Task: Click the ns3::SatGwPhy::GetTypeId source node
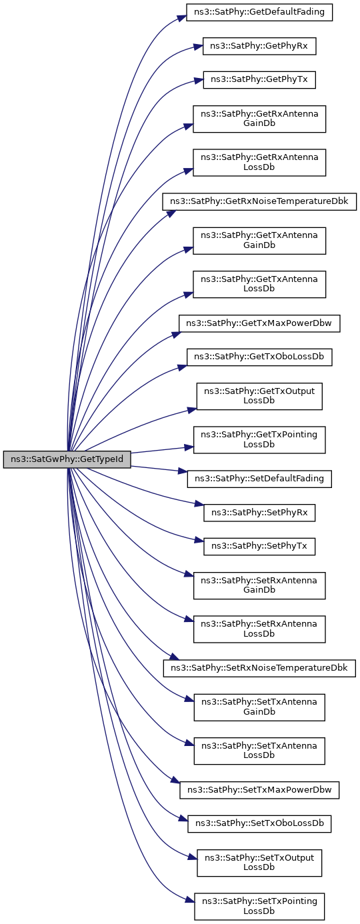click(67, 459)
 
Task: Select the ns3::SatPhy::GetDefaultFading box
click(259, 12)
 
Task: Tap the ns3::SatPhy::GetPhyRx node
click(259, 46)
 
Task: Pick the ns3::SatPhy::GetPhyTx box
click(259, 79)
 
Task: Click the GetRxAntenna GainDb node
click(259, 119)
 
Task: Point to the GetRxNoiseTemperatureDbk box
click(259, 201)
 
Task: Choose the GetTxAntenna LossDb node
click(259, 284)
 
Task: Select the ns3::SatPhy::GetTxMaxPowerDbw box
click(259, 323)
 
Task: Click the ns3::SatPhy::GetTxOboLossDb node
click(259, 357)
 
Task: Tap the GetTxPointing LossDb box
click(259, 439)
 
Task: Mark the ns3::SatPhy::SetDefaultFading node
click(259, 479)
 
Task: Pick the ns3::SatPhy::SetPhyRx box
click(259, 512)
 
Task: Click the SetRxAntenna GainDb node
click(259, 585)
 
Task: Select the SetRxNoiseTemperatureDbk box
click(259, 668)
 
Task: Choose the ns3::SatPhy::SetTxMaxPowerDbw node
click(259, 790)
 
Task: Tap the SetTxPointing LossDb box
click(259, 906)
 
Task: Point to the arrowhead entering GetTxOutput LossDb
click(192, 409)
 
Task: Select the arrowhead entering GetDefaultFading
click(181, 18)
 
